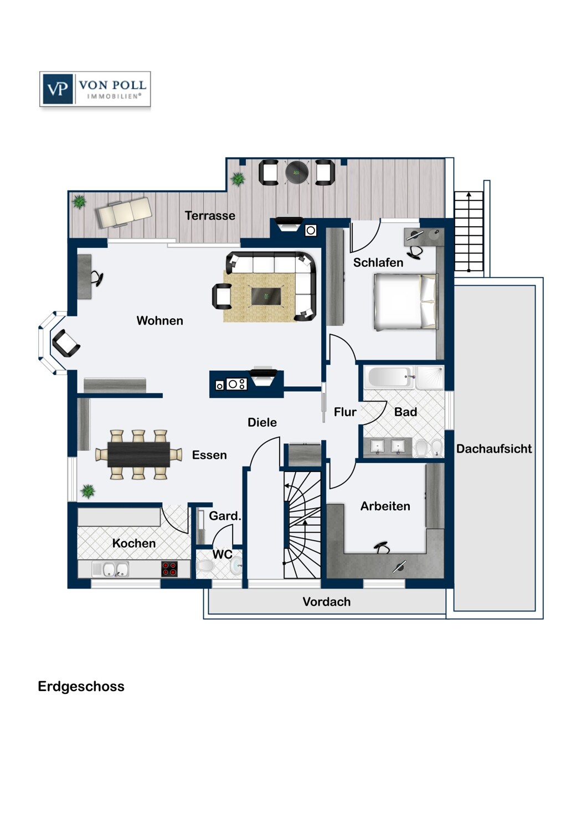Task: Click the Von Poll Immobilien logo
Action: pos(95,89)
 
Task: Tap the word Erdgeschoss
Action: pos(81,687)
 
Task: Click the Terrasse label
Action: pos(210,216)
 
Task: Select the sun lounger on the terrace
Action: pos(123,212)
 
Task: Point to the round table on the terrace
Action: pos(297,172)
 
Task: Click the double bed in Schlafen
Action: pos(406,302)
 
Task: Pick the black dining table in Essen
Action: pos(138,454)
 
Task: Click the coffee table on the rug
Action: pos(265,296)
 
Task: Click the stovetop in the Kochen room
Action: pos(169,569)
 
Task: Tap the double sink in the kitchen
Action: pos(116,569)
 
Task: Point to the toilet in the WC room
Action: pos(205,566)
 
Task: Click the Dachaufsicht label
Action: pos(494,449)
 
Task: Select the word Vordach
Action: pos(326,602)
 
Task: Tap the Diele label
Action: pos(262,422)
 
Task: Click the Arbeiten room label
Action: pos(385,506)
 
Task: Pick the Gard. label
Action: pos(225,516)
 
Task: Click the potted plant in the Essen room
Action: pos(88,491)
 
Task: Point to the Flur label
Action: pos(345,412)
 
